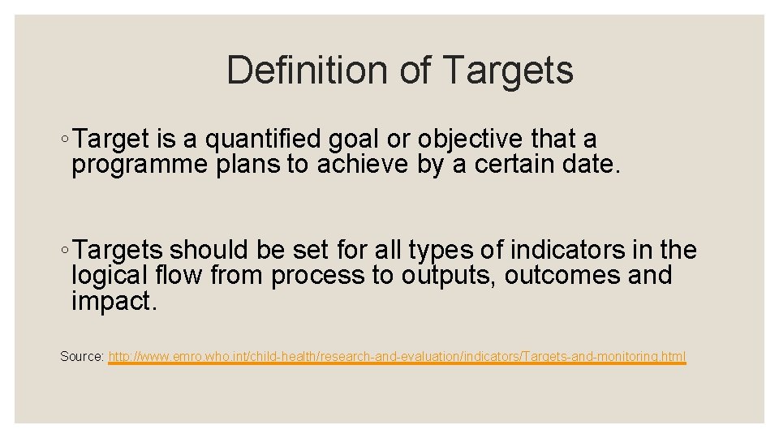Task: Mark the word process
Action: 318,276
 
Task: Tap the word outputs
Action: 446,276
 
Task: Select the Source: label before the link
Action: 82,357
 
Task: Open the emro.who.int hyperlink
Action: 397,357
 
